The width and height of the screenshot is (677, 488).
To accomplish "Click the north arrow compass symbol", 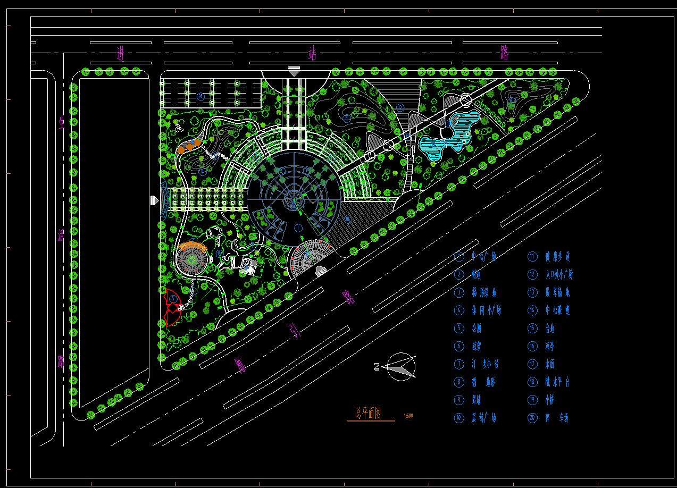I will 402,367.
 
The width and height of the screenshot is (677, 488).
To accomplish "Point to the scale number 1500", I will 408,416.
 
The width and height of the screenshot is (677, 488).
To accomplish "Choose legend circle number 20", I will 532,418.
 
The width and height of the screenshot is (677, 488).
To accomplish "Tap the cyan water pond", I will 447,136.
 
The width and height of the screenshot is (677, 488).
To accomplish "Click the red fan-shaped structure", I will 172,307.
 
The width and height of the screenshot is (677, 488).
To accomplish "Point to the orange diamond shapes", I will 189,146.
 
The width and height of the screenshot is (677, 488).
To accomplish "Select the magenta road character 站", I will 313,54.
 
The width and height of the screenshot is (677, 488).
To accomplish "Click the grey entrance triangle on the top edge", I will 294,71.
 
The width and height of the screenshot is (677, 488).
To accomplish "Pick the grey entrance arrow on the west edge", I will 154,200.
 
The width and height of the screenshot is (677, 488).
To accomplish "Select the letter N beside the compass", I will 377,366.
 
